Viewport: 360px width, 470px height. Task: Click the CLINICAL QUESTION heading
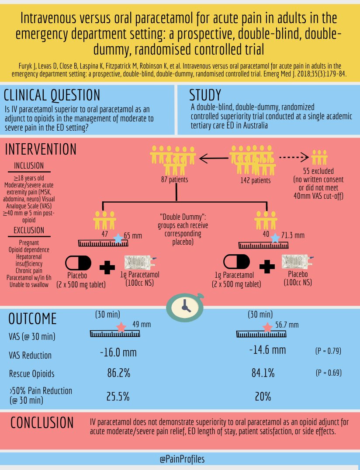click(x=52, y=95)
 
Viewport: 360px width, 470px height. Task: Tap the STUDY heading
click(x=205, y=95)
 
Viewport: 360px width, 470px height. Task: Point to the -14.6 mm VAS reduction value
click(x=267, y=350)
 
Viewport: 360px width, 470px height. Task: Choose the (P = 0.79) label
click(x=328, y=351)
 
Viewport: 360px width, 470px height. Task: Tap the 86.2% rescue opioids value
click(x=118, y=373)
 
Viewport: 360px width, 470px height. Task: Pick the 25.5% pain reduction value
click(x=118, y=396)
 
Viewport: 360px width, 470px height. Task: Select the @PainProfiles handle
click(x=182, y=459)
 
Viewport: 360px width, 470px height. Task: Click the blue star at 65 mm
click(x=117, y=238)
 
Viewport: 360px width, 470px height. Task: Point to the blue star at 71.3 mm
click(x=275, y=238)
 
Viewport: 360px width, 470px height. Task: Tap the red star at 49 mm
click(x=121, y=327)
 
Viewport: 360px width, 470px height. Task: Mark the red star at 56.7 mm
click(x=267, y=327)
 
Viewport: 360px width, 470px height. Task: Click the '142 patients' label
click(x=255, y=180)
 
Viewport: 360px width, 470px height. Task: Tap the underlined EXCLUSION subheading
click(x=29, y=230)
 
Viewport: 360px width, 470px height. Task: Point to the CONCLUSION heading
click(x=42, y=422)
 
